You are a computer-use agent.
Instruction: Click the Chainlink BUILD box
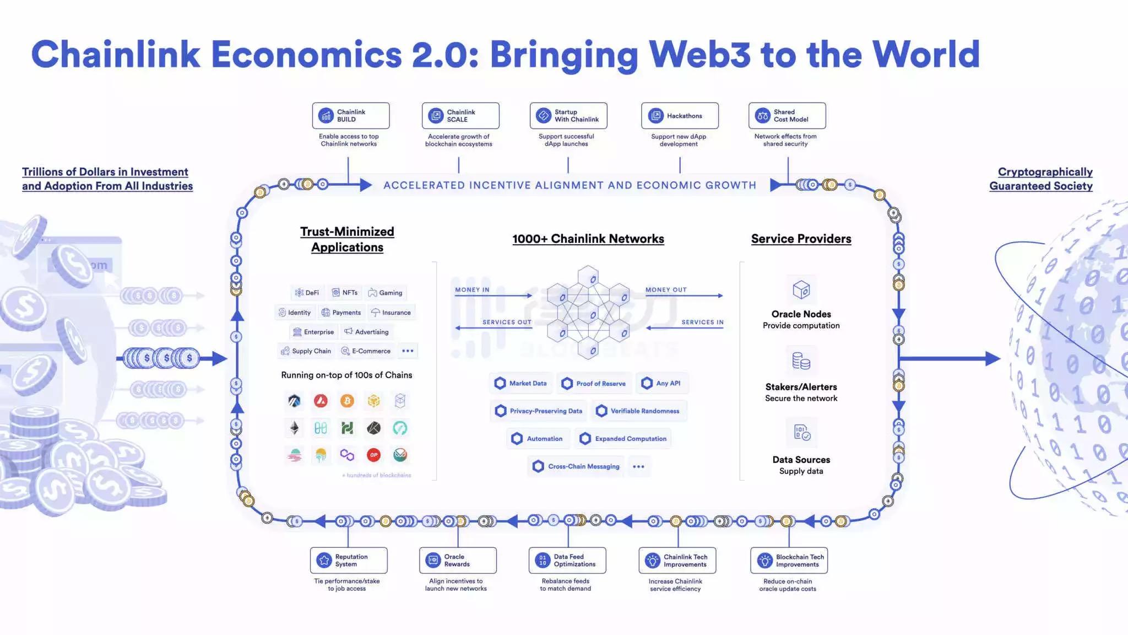[351, 116]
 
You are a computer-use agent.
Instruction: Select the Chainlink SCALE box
[460, 116]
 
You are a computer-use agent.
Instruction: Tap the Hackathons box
[680, 116]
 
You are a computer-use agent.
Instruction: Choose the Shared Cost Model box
[787, 116]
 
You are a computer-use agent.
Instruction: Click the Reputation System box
[349, 561]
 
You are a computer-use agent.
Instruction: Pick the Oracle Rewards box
[458, 561]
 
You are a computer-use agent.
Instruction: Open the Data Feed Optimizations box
[567, 561]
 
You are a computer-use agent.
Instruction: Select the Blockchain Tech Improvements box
[789, 561]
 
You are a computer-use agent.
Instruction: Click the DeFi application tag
[307, 293]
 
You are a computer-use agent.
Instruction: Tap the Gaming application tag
[386, 293]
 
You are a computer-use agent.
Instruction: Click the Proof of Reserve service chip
[594, 384]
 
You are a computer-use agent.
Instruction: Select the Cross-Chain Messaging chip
[576, 466]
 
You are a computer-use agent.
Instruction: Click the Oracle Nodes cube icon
[801, 289]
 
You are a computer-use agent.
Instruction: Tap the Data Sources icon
[801, 433]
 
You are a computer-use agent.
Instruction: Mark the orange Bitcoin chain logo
[347, 401]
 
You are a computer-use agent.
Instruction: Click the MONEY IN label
[472, 290]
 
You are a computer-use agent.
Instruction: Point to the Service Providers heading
[801, 239]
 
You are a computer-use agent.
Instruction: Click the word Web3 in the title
[699, 55]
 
